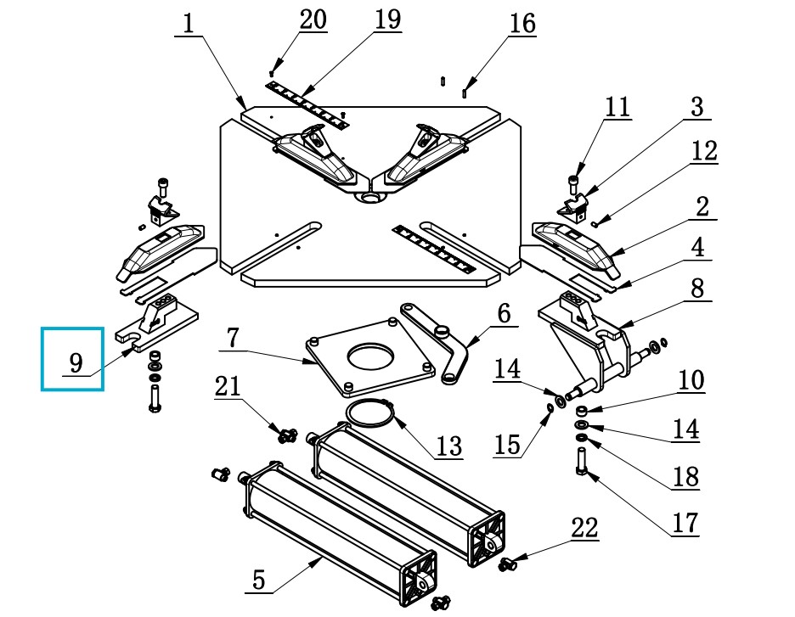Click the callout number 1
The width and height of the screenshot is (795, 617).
(189, 24)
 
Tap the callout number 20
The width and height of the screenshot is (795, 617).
(313, 20)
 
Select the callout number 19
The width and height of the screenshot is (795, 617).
(388, 20)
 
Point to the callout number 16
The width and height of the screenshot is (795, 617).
(522, 24)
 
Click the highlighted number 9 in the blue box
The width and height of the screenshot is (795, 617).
(76, 362)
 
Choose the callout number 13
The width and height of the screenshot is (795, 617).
(449, 446)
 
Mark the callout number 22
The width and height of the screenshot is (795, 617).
(584, 528)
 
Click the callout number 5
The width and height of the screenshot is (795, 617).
(258, 580)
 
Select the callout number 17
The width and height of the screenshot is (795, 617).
(685, 524)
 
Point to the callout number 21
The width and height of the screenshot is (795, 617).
(228, 386)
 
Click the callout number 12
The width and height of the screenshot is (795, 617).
(704, 151)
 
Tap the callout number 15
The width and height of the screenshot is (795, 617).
(507, 445)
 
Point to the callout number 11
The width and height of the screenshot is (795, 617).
(617, 108)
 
